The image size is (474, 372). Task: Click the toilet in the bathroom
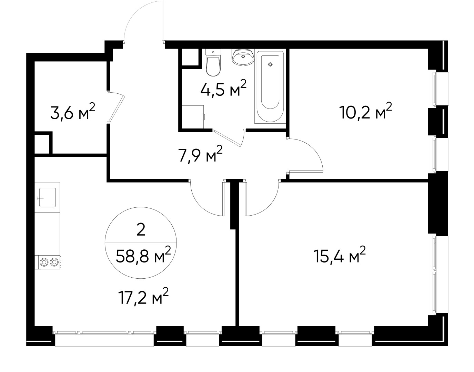[213, 64]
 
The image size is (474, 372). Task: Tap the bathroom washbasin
[243, 57]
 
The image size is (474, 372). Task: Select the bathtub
[270, 87]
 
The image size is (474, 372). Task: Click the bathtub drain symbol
[270, 64]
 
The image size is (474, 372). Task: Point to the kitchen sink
[47, 197]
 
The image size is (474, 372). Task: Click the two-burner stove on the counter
[49, 262]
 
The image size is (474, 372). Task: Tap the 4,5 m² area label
[223, 89]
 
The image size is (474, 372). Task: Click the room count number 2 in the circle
[141, 230]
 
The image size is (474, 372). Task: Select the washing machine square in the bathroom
[193, 117]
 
